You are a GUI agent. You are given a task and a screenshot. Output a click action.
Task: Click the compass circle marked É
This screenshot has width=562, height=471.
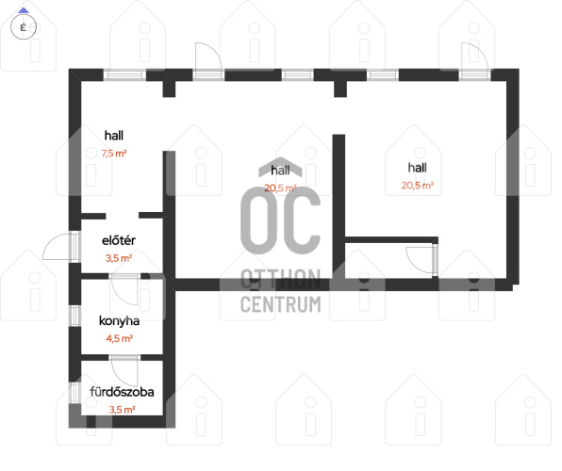coord(24,27)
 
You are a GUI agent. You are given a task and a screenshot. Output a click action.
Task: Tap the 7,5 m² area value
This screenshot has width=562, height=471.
coord(114,154)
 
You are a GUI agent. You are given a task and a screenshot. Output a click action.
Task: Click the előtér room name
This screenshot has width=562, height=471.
coord(119,240)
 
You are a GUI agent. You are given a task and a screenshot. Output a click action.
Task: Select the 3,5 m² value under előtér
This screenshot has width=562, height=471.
coord(119,258)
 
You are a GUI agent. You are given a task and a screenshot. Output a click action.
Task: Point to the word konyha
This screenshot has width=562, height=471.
coord(119,320)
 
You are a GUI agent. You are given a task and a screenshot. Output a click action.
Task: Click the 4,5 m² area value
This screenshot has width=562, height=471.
coord(120,338)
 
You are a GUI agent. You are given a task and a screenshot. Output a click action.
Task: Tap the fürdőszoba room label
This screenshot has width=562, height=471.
coord(122,392)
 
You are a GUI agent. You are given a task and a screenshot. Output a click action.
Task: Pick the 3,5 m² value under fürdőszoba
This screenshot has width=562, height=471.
coord(122,410)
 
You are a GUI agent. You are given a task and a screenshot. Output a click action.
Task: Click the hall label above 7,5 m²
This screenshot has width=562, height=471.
coord(114,136)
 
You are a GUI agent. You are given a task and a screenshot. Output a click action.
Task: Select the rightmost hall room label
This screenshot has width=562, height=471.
coord(417,168)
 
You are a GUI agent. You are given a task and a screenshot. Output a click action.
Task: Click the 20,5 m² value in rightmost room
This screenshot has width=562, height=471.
coord(417,186)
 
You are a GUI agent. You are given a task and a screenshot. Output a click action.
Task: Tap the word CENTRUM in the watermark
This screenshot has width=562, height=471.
coord(281,304)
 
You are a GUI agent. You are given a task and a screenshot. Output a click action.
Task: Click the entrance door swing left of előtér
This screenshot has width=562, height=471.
coord(57,247)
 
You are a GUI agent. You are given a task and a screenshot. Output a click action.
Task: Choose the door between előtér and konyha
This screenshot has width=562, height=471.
coord(124,289)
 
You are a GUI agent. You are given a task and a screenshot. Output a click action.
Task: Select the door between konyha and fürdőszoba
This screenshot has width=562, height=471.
coord(124,371)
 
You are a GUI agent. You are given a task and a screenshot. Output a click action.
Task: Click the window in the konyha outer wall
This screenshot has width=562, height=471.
coord(74,316)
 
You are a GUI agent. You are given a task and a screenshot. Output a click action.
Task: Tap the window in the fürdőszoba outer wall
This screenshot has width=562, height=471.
coord(74,393)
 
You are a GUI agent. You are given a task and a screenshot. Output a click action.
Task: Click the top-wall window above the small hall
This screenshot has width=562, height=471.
coord(124,74)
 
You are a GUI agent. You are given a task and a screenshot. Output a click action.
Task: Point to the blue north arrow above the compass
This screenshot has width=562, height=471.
coord(24,10)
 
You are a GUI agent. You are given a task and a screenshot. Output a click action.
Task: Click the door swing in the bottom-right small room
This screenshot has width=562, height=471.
coord(420,260)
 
